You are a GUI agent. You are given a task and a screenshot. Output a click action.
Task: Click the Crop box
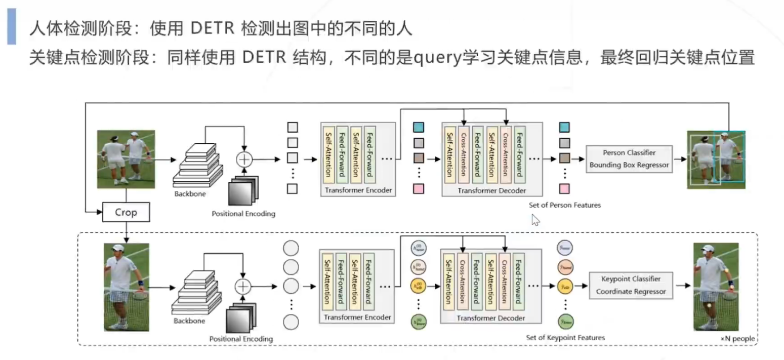126,212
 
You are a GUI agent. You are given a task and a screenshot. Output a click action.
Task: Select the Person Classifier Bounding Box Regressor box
629,158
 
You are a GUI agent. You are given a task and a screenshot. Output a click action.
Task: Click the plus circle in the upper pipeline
244,159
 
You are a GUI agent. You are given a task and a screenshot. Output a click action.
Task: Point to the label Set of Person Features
564,205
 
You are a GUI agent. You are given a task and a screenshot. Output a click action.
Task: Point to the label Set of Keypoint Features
565,337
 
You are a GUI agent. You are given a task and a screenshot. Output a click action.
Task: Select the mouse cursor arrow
535,220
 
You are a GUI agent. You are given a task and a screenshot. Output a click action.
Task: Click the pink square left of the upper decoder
419,189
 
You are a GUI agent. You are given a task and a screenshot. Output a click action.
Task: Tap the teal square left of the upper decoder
419,127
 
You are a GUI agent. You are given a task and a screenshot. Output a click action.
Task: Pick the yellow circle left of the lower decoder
418,286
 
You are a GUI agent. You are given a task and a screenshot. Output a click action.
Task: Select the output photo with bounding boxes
716,159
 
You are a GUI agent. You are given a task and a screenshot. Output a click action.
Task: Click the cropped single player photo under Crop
127,287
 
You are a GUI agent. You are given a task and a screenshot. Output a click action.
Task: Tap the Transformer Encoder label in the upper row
357,191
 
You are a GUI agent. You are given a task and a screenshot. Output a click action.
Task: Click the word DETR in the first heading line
212,29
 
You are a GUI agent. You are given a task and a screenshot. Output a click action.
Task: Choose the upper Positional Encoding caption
243,214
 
